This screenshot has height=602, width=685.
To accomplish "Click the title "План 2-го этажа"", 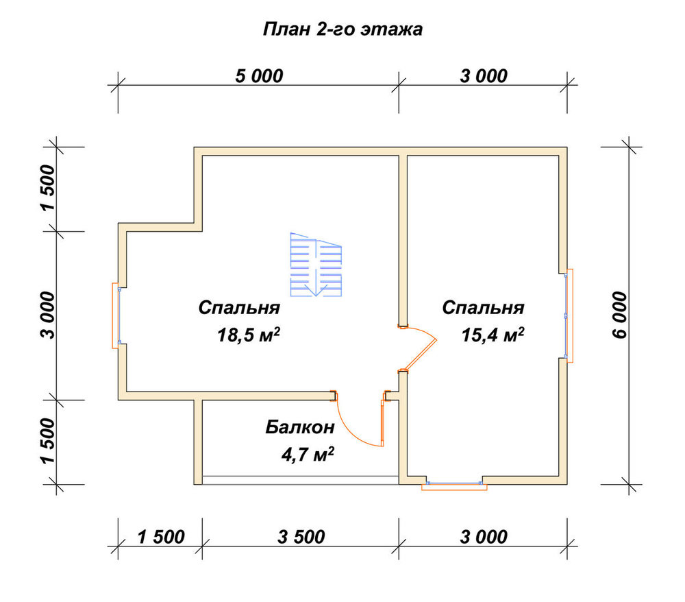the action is (342, 29).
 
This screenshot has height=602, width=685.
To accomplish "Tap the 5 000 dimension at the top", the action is (259, 76).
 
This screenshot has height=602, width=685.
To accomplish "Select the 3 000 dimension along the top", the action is (484, 76).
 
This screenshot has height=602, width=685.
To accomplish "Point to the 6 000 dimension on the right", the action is (619, 315).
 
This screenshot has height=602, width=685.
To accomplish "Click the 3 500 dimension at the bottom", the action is (301, 537).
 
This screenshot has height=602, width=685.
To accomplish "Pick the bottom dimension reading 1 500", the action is (161, 537).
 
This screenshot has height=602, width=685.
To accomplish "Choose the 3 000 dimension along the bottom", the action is (484, 537).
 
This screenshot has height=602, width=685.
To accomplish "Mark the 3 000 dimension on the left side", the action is (48, 315).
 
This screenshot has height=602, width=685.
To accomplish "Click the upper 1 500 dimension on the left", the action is (48, 188).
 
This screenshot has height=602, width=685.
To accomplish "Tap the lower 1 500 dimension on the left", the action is (48, 441).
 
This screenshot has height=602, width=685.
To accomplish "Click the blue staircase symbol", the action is (316, 265).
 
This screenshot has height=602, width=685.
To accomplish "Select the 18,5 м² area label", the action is (248, 335).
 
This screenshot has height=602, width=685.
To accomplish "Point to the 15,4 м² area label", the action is (493, 335).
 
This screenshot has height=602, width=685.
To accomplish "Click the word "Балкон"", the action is (300, 427).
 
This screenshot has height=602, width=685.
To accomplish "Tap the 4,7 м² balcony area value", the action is (308, 455).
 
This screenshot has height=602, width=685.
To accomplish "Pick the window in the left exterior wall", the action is (116, 315).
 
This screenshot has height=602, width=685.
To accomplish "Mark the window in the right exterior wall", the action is (569, 315).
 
